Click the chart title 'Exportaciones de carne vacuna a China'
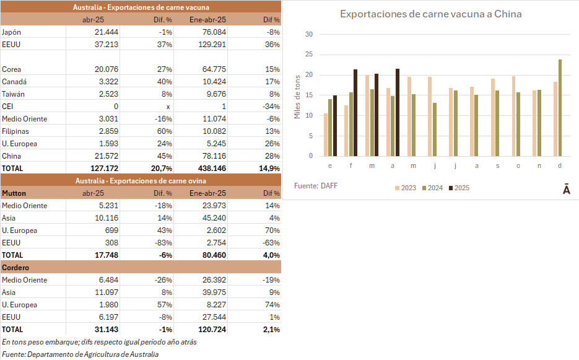click(430, 14)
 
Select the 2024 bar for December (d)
click(560, 108)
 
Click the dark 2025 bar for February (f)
click(355, 113)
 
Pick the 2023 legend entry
click(406, 188)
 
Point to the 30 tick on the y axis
click(309, 35)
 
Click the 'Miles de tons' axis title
click(297, 96)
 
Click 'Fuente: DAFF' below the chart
click(316, 185)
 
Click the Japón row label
click(12, 32)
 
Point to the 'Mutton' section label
click(14, 193)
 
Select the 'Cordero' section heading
click(16, 267)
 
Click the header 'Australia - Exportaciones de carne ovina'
click(141, 180)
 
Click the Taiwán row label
click(14, 94)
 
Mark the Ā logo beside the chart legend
click(566, 190)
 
